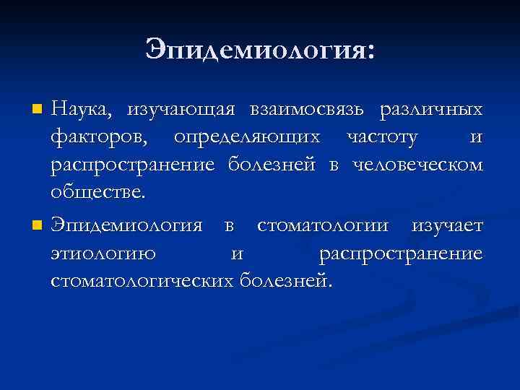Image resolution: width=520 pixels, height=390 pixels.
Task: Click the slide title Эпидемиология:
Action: point(260,50)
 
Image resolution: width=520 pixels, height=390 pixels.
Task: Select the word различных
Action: point(431,110)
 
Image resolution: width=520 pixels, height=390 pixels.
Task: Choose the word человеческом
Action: point(417,165)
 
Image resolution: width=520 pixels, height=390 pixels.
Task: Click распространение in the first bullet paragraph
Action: point(133,165)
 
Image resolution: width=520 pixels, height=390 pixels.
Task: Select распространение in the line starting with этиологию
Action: point(401,253)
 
